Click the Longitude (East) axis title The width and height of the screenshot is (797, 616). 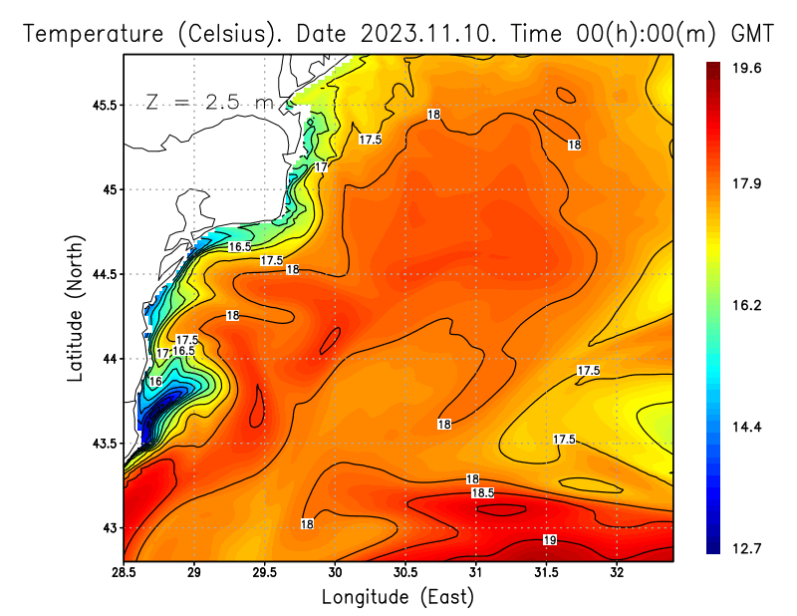pyautogui.click(x=398, y=597)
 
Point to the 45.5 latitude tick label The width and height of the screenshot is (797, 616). pyautogui.click(x=104, y=105)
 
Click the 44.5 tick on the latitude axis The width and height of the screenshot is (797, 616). pyautogui.click(x=104, y=274)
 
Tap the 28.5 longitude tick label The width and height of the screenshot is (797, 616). pyautogui.click(x=124, y=573)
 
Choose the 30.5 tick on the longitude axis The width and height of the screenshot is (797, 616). pyautogui.click(x=405, y=573)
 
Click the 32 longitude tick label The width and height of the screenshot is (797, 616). pyautogui.click(x=617, y=573)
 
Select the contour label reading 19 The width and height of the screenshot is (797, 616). pyautogui.click(x=549, y=540)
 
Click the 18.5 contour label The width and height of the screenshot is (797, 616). pyautogui.click(x=483, y=492)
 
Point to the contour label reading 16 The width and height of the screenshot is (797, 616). pyautogui.click(x=155, y=382)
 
